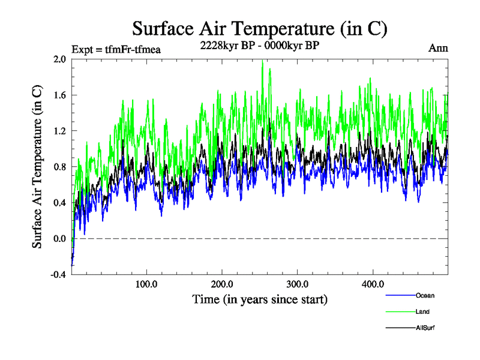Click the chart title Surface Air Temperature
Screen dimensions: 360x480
(x=259, y=29)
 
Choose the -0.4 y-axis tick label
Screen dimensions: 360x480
(x=58, y=274)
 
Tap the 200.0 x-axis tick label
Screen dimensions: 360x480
(x=222, y=284)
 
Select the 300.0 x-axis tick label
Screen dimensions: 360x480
(x=298, y=284)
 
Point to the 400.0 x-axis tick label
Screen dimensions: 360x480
(x=373, y=284)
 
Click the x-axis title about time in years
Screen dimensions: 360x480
(x=260, y=299)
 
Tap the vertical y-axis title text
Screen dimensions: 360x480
(x=37, y=167)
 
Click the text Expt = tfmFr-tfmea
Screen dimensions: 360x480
(x=116, y=49)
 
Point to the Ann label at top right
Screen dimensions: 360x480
(x=437, y=48)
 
